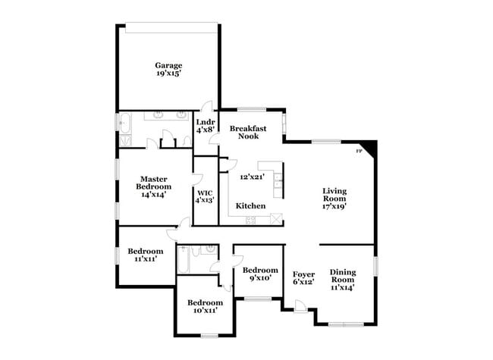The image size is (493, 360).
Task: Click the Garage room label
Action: point(168,66)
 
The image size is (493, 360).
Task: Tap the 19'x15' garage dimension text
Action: point(169,74)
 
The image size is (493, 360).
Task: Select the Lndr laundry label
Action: point(206,122)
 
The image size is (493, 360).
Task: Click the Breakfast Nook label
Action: point(248,132)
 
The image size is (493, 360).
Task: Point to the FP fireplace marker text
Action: point(359,151)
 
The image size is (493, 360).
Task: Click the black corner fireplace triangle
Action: point(369,147)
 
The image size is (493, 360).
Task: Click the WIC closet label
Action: point(205,193)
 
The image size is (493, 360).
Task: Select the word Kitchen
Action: point(250,205)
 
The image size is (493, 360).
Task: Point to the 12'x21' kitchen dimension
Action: point(252,177)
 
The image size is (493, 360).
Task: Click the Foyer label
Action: point(303,274)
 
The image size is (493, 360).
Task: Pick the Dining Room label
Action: point(343,276)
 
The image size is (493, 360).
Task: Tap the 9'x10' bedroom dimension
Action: point(261,277)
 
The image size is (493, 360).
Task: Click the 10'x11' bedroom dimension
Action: point(206,311)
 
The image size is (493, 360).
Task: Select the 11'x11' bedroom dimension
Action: point(146,259)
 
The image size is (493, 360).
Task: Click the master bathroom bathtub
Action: point(125,123)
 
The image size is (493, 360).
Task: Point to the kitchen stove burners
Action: point(250,220)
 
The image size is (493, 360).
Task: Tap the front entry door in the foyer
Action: point(300,306)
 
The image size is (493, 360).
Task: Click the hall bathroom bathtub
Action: point(184,260)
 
